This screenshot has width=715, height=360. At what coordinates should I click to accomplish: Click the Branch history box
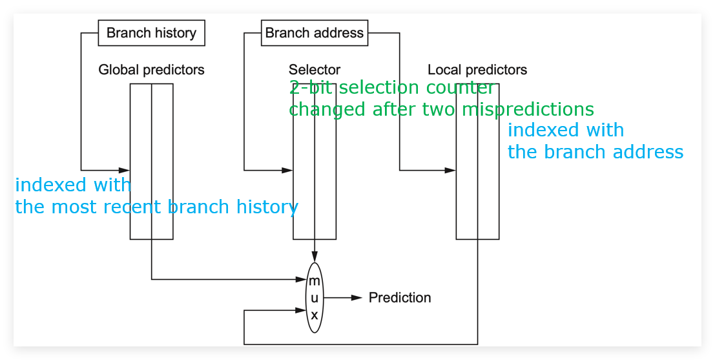pos(151,33)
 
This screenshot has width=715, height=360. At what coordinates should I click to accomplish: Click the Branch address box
pos(314,33)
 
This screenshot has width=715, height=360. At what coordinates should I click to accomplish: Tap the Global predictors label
pos(151,70)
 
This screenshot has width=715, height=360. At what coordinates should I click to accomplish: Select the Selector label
pos(314,70)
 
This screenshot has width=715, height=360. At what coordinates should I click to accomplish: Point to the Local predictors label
pos(477,70)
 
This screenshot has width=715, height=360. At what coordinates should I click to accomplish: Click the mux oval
pos(314,297)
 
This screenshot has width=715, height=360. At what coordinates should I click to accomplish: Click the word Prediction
pos(399,297)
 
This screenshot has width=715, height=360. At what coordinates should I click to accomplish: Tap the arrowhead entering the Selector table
pos(287,170)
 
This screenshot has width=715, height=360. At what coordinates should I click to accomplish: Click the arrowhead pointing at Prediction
pos(357,297)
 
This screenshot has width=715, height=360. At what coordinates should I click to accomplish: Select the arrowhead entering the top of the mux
pos(314,257)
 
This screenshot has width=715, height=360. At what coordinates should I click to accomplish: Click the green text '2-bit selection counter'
pos(391,88)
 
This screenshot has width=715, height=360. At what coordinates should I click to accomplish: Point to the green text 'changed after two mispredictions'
pos(441,109)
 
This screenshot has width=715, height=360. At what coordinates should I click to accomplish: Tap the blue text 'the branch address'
pos(596,152)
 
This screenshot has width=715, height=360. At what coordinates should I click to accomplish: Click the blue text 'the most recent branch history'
pos(156,207)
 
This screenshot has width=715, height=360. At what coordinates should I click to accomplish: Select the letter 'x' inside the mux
pos(314,315)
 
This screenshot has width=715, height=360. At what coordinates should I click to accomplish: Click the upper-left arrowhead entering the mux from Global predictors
pos(301,279)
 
